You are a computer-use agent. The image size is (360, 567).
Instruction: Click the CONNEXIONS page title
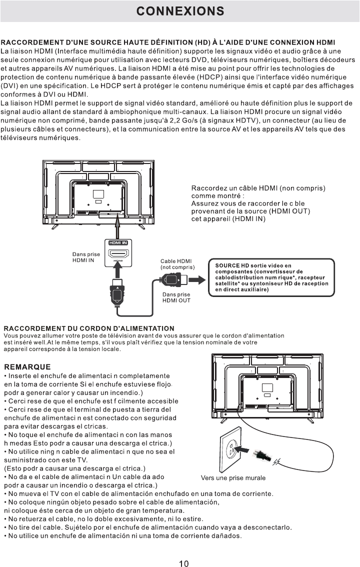180,11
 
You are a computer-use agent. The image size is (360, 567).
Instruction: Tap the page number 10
184,563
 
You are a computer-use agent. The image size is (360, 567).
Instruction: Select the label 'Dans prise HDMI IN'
86,257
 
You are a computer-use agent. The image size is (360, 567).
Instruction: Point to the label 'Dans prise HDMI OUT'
176,297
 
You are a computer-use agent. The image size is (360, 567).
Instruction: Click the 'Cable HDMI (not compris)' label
177,264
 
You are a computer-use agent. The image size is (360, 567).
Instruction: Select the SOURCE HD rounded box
271,277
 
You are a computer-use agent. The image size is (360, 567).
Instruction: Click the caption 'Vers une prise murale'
233,478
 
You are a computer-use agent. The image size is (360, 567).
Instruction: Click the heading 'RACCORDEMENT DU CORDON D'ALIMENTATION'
89,328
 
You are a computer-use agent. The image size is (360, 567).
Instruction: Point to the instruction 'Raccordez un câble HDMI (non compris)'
258,188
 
